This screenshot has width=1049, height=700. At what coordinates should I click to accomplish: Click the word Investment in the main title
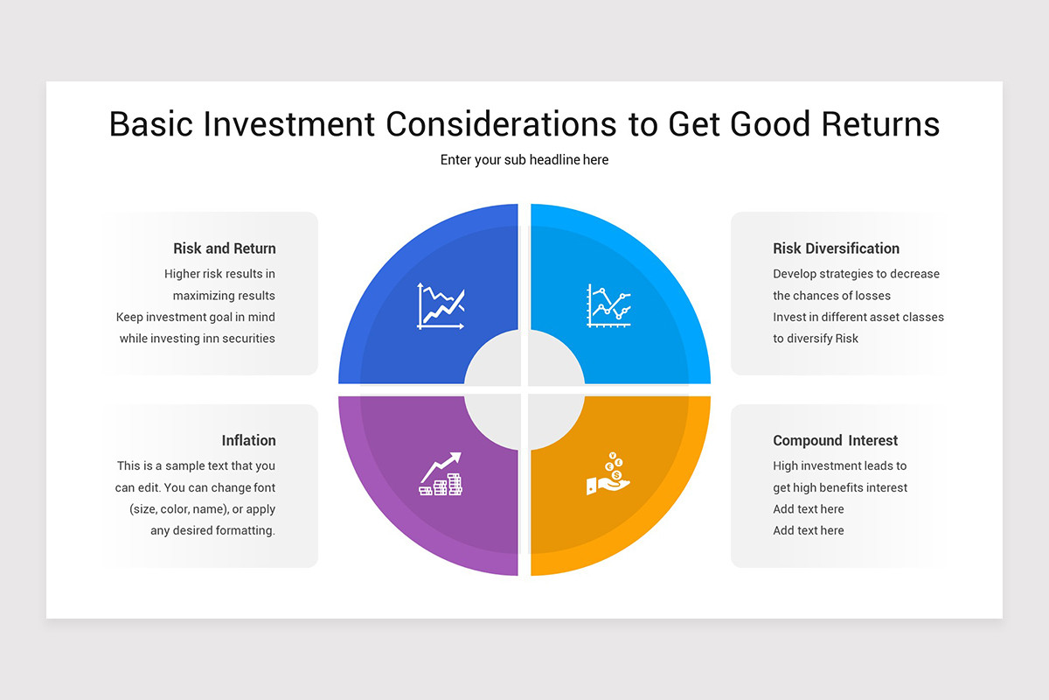288,124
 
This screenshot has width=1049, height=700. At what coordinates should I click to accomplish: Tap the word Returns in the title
880,124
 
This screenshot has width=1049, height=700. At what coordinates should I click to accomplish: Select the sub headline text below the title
524,160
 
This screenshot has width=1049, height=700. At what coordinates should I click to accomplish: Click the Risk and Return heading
225,248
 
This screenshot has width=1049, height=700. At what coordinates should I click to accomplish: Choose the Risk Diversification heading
836,248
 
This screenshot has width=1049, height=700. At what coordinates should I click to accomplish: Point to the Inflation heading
248,440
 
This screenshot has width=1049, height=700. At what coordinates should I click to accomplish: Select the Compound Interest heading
835,440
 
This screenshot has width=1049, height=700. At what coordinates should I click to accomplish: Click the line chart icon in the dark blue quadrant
441,305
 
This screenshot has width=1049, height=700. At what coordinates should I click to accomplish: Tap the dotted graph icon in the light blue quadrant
608,305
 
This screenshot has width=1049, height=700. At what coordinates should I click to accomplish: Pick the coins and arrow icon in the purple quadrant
441,473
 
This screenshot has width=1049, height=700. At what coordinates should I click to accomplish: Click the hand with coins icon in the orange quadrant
608,473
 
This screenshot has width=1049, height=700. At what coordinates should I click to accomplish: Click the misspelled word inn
211,339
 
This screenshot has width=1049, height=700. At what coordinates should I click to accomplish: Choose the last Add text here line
809,530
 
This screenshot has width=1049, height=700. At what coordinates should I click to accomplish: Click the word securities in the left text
248,339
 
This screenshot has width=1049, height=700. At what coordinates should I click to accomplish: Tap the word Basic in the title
150,124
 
